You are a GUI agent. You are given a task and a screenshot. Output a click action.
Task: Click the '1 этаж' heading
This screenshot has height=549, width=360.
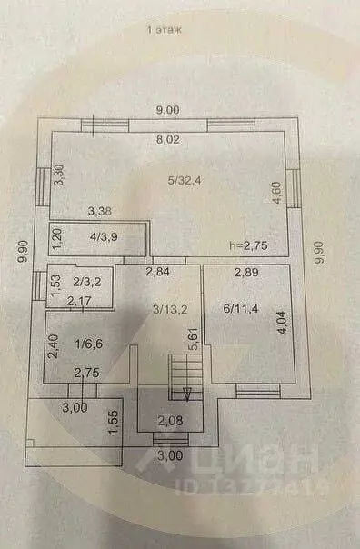[165, 30]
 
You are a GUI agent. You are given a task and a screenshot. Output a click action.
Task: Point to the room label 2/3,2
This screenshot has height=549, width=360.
[87, 283]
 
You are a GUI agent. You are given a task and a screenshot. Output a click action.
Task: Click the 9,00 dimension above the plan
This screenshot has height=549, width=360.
[166, 110]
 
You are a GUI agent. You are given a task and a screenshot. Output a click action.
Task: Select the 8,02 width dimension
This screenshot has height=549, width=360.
[166, 139]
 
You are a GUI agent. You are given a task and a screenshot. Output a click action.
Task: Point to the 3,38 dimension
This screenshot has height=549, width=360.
[101, 213]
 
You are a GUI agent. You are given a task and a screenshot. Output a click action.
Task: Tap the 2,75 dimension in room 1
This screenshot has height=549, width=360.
[86, 372]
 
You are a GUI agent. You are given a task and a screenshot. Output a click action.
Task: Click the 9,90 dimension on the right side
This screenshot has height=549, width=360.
[318, 250]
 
